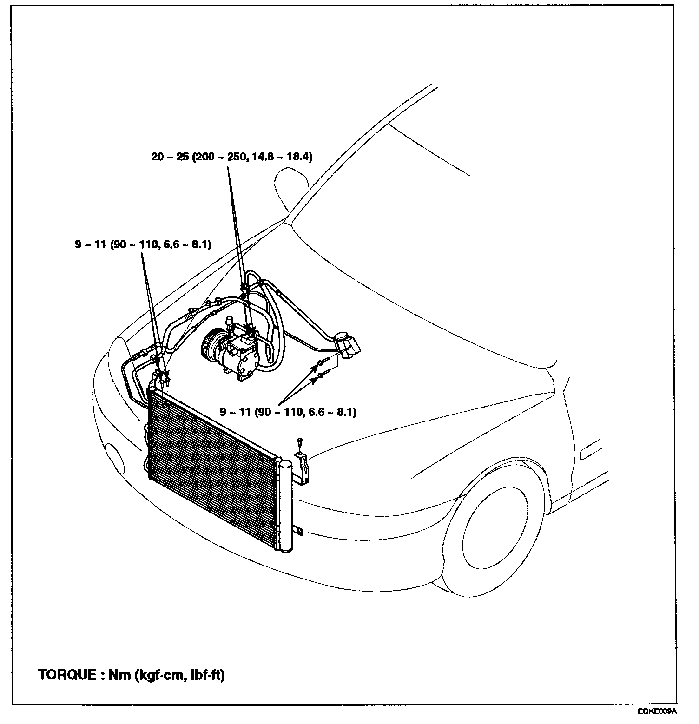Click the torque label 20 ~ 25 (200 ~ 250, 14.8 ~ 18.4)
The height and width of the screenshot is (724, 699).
point(231,157)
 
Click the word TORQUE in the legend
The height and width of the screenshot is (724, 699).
point(67,675)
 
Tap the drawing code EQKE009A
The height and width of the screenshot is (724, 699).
point(657,711)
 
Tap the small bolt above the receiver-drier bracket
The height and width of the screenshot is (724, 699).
point(300,439)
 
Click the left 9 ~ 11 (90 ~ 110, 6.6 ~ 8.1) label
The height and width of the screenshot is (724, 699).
point(143,244)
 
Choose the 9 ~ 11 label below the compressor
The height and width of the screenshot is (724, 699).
point(288,412)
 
